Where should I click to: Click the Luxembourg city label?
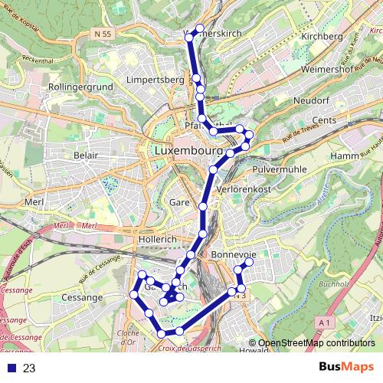pos(187,152)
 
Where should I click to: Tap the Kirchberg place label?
pos(320,36)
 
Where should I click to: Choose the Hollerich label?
pos(158,239)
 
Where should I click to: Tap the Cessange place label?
pos(83,296)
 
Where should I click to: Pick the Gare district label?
pos(178,202)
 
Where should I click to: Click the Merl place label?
pos(34,201)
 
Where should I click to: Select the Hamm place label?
pos(347,156)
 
